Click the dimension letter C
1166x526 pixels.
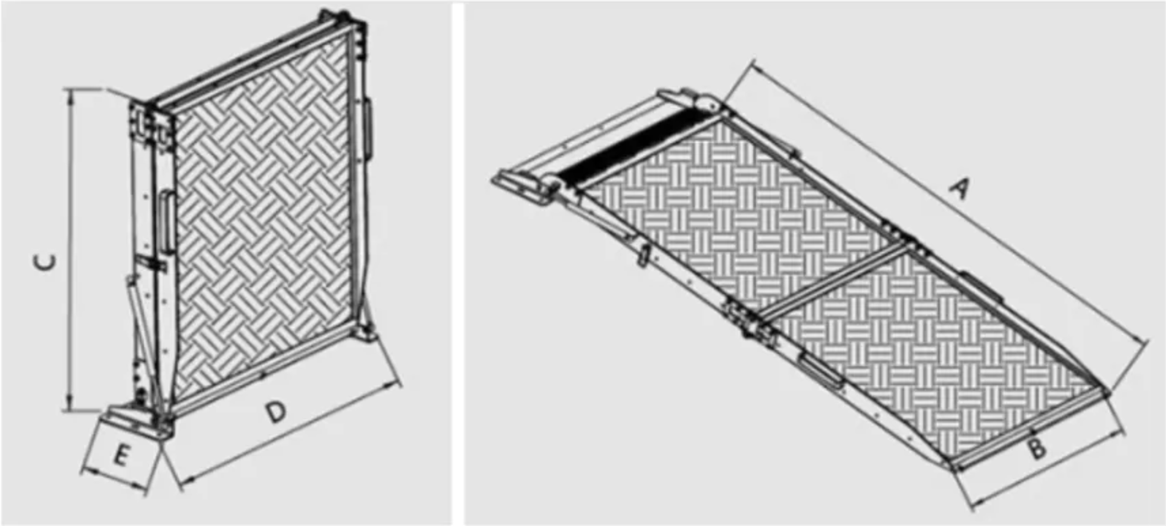pos(45,261)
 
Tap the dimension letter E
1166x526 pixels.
pos(121,455)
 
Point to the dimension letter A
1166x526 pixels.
pos(958,188)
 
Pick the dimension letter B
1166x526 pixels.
pos(1037,449)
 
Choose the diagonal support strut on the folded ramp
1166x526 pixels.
pos(138,320)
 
